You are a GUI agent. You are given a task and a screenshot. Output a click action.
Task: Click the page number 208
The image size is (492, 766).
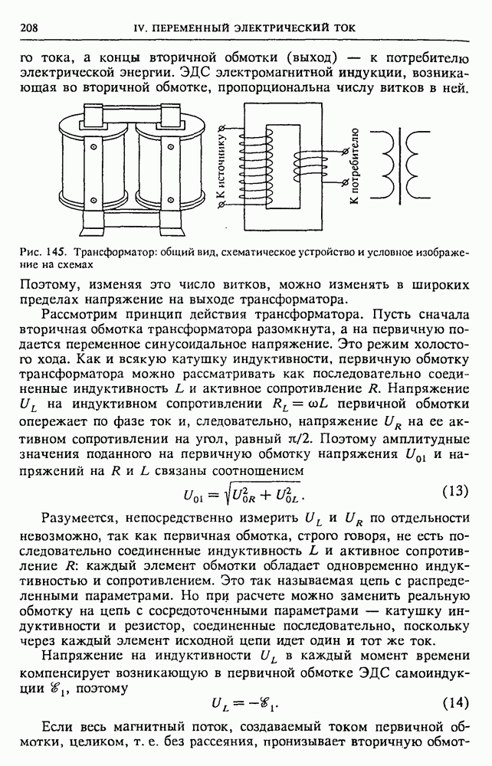(28, 28)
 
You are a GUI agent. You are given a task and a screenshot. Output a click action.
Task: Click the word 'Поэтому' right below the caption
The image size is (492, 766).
(46, 283)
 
